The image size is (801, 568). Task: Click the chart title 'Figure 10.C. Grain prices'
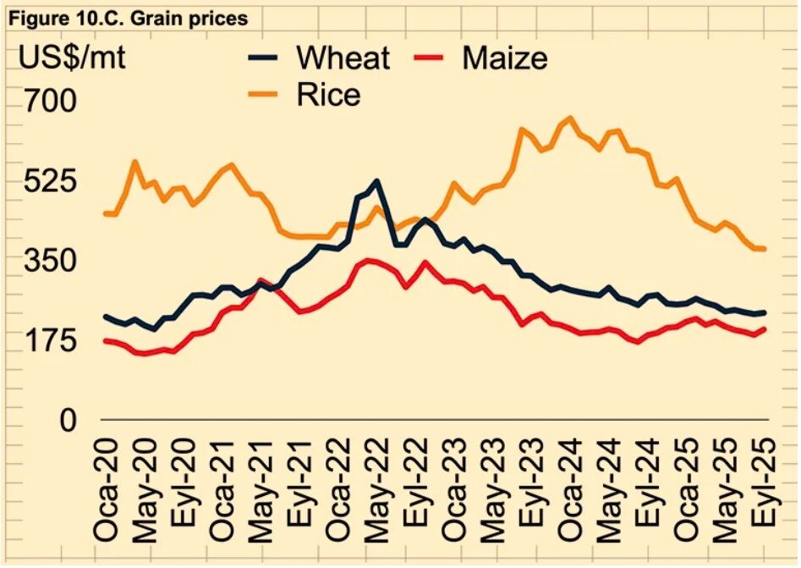point(128,17)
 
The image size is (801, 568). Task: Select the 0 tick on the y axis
point(68,421)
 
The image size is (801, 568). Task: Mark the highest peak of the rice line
point(569,118)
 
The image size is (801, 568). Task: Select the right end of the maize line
point(765,328)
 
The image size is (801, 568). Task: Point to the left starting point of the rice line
point(105,213)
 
